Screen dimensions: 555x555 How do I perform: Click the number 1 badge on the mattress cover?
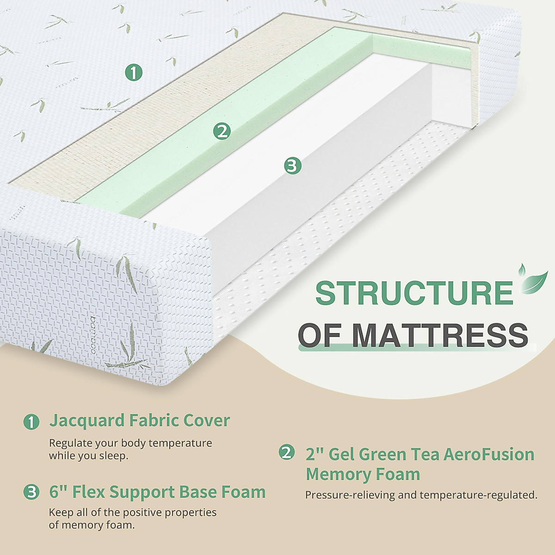[134, 73]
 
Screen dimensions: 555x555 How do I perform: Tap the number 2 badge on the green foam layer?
[222, 131]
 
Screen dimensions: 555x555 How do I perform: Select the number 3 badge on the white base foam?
[292, 165]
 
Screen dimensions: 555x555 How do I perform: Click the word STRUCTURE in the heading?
[414, 293]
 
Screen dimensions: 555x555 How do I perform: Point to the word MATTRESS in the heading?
[439, 335]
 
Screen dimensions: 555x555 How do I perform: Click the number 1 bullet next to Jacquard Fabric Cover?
[31, 421]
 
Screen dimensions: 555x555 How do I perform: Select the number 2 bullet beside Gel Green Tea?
[287, 452]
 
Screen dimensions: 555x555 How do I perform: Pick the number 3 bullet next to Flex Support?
[31, 492]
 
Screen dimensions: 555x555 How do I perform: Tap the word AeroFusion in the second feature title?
[489, 454]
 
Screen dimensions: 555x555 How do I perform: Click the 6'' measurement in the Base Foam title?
[58, 492]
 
